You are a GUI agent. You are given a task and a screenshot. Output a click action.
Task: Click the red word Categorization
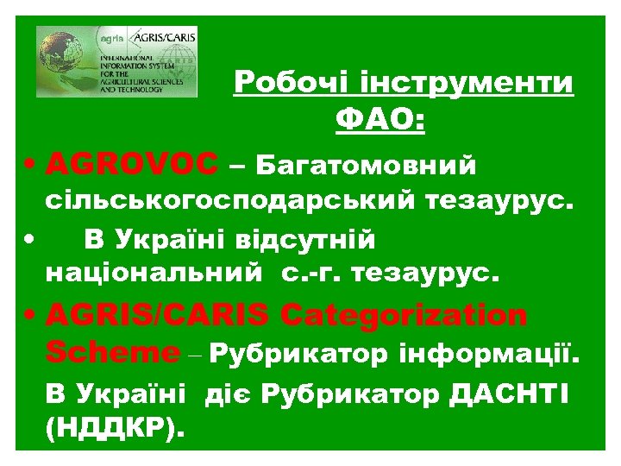pos(405,316)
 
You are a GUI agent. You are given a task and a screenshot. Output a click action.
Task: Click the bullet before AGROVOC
pos(30,164)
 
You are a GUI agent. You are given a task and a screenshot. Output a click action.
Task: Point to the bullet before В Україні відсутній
pos(30,238)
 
